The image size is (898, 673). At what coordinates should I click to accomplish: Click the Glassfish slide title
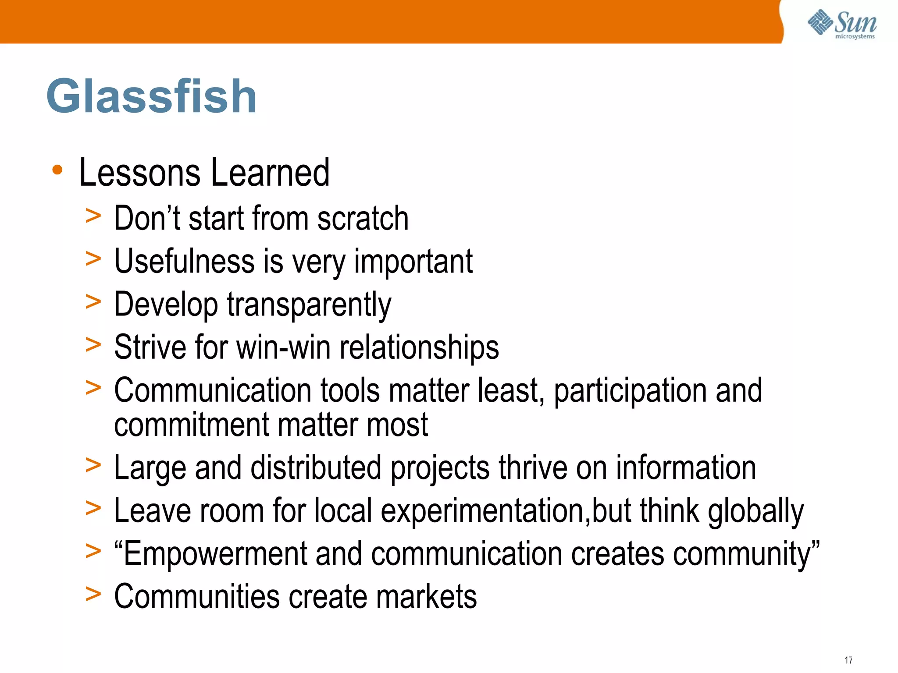[151, 96]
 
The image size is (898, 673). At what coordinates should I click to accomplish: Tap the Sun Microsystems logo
[842, 24]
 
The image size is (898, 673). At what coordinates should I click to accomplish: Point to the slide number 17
[848, 660]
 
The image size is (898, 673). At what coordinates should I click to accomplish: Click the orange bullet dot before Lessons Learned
[57, 170]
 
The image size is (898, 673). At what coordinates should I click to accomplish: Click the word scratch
[363, 218]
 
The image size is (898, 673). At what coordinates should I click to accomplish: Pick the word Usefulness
[184, 261]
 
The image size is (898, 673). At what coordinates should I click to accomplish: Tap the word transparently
[309, 305]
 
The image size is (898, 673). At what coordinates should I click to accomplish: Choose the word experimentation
[482, 511]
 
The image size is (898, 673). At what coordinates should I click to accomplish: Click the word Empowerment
[215, 554]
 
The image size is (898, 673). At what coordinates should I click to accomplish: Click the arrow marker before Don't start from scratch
[93, 216]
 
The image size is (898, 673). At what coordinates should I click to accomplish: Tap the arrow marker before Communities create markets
[93, 594]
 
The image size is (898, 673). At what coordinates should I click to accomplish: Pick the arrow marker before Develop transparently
[93, 302]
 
